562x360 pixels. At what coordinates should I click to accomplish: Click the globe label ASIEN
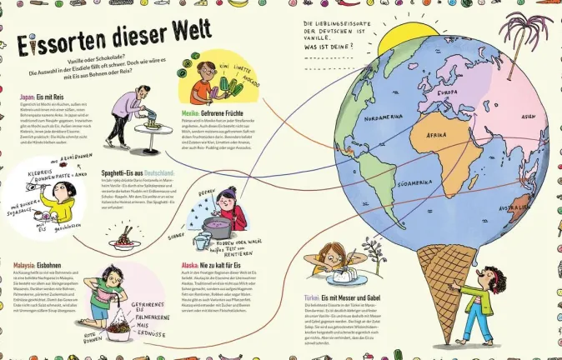pos(528,117)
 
